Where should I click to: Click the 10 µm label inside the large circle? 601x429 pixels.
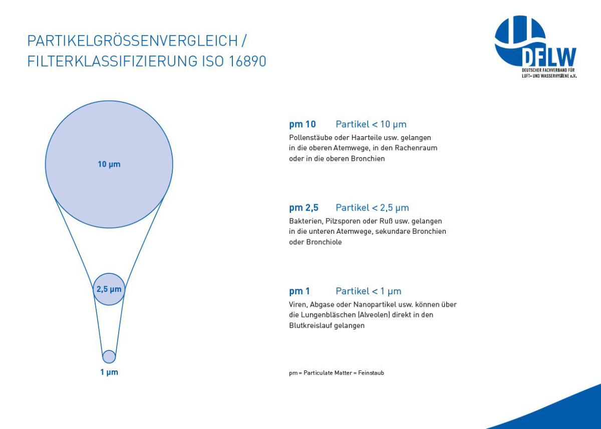click(109, 164)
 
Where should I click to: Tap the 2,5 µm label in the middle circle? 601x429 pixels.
click(109, 289)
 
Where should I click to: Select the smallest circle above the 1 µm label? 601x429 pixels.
click(109, 356)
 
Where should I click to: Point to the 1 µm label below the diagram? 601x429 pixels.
click(109, 372)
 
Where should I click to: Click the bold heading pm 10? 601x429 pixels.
click(303, 125)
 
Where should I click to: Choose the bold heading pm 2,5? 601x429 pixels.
click(304, 208)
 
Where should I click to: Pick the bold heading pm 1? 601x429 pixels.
click(299, 291)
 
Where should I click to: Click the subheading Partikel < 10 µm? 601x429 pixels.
click(371, 125)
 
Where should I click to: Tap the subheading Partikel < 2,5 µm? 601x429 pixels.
click(373, 208)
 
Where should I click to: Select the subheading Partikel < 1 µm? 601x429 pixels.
click(369, 291)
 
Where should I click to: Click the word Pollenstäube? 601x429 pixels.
click(310, 138)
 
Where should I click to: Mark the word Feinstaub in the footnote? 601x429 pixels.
click(371, 373)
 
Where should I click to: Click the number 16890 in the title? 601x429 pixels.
click(247, 61)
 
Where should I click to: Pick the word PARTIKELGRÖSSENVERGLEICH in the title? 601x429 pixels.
click(133, 41)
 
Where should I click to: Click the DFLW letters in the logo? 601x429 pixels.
click(549, 57)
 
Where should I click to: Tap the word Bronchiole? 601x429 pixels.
click(324, 242)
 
